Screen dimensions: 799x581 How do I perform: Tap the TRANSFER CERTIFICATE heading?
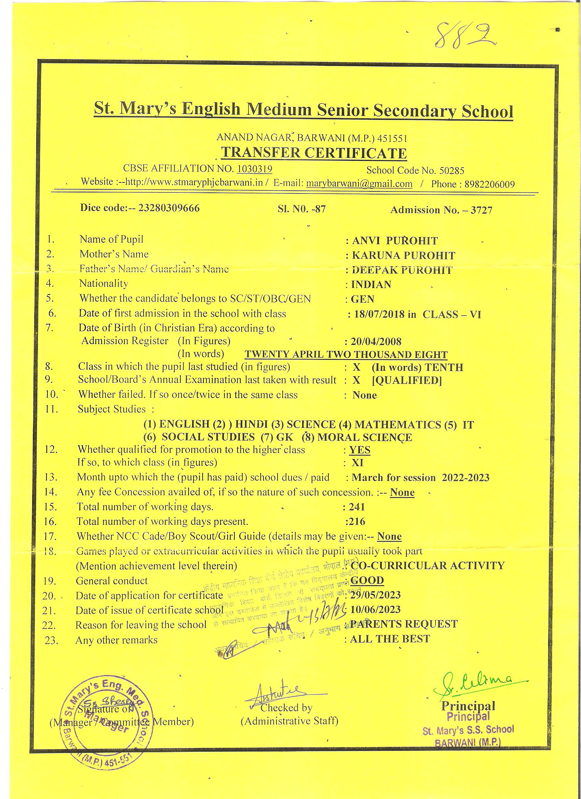(x=314, y=153)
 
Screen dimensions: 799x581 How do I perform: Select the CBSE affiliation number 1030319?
(x=254, y=169)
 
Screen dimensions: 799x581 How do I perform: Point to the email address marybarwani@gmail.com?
(x=359, y=184)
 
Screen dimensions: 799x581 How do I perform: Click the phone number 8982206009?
(x=489, y=184)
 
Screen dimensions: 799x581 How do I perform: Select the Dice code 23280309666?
(x=169, y=208)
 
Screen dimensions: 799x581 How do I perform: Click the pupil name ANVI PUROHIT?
(x=394, y=241)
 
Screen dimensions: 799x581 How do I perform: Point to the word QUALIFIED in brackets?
(x=407, y=380)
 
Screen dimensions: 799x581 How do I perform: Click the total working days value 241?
(x=357, y=507)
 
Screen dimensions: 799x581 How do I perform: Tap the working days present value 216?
(x=356, y=522)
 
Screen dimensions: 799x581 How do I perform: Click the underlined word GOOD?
(x=367, y=580)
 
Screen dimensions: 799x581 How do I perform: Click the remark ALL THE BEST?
(x=390, y=639)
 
